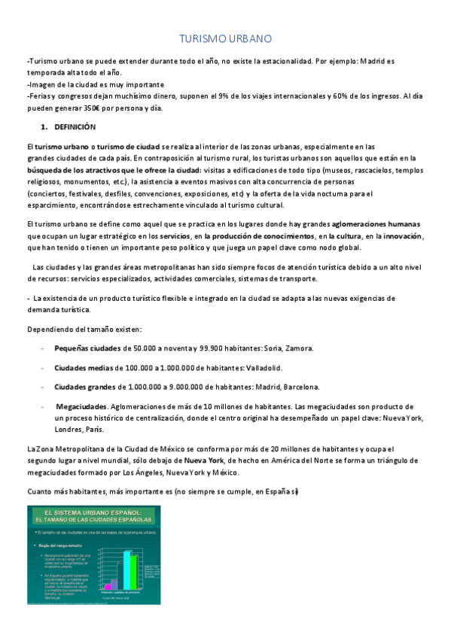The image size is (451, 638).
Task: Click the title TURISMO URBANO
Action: (x=225, y=38)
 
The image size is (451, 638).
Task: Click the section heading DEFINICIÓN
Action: (x=75, y=127)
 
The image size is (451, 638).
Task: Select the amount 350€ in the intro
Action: (x=77, y=108)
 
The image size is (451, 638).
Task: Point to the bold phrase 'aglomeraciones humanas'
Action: (x=376, y=224)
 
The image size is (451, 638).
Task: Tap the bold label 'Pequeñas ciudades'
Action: (x=87, y=348)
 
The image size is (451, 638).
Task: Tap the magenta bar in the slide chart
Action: (x=107, y=585)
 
